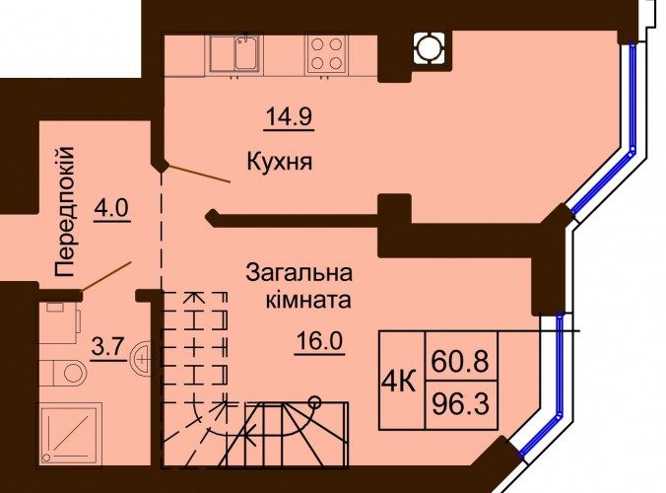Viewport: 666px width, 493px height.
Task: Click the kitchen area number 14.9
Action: pos(289,117)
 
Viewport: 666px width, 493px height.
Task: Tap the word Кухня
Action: pos(280,162)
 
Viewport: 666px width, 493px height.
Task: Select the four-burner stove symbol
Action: pos(326,54)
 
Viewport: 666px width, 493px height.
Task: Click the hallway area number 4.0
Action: pos(111,209)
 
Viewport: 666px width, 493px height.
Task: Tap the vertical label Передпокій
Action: pos(65,212)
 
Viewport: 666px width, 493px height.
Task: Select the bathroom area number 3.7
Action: pos(107,348)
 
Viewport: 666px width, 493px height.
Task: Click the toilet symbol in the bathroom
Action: pos(64,373)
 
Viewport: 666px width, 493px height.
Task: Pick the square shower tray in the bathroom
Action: pos(70,434)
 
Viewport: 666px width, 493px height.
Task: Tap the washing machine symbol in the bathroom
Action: pos(59,322)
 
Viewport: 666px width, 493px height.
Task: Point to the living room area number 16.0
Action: pos(319,341)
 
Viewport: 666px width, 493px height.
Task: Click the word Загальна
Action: pos(300,273)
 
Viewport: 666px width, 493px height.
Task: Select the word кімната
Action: pos(308,300)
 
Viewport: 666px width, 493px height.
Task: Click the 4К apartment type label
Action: pos(398,382)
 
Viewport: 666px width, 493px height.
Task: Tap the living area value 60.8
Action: pos(460,361)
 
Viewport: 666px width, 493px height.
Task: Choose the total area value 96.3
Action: pos(460,403)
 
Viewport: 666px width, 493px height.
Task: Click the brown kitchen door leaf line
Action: pos(200,175)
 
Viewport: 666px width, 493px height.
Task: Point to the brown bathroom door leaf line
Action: pos(106,276)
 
